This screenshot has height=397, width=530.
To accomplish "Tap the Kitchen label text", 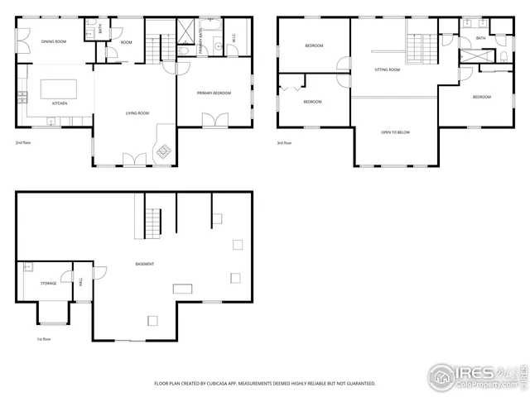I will click(x=60, y=103).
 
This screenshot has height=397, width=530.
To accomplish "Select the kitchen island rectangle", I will click(x=55, y=88).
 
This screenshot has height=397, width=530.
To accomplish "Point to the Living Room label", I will click(x=137, y=112).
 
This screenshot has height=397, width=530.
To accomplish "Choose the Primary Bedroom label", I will click(x=214, y=93).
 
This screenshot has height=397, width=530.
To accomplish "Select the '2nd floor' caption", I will click(x=23, y=142).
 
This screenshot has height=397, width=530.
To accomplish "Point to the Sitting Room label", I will click(x=388, y=70).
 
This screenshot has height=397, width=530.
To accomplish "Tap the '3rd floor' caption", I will click(x=284, y=142).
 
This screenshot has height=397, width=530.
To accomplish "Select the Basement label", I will click(x=144, y=264).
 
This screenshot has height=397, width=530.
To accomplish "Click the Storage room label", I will click(x=49, y=283).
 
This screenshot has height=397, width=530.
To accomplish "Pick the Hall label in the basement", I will click(x=81, y=283).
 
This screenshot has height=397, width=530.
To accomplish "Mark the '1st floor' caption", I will click(x=44, y=339).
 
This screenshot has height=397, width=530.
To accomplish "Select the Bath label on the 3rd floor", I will click(x=481, y=38).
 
